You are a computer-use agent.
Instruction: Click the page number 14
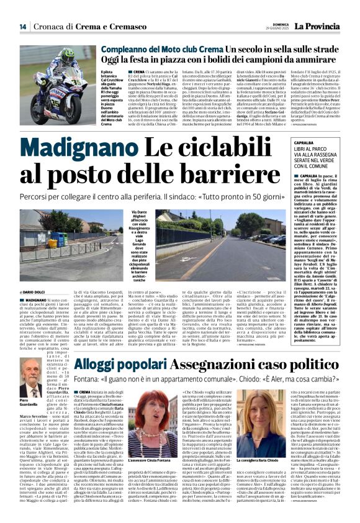coord(22,26)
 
